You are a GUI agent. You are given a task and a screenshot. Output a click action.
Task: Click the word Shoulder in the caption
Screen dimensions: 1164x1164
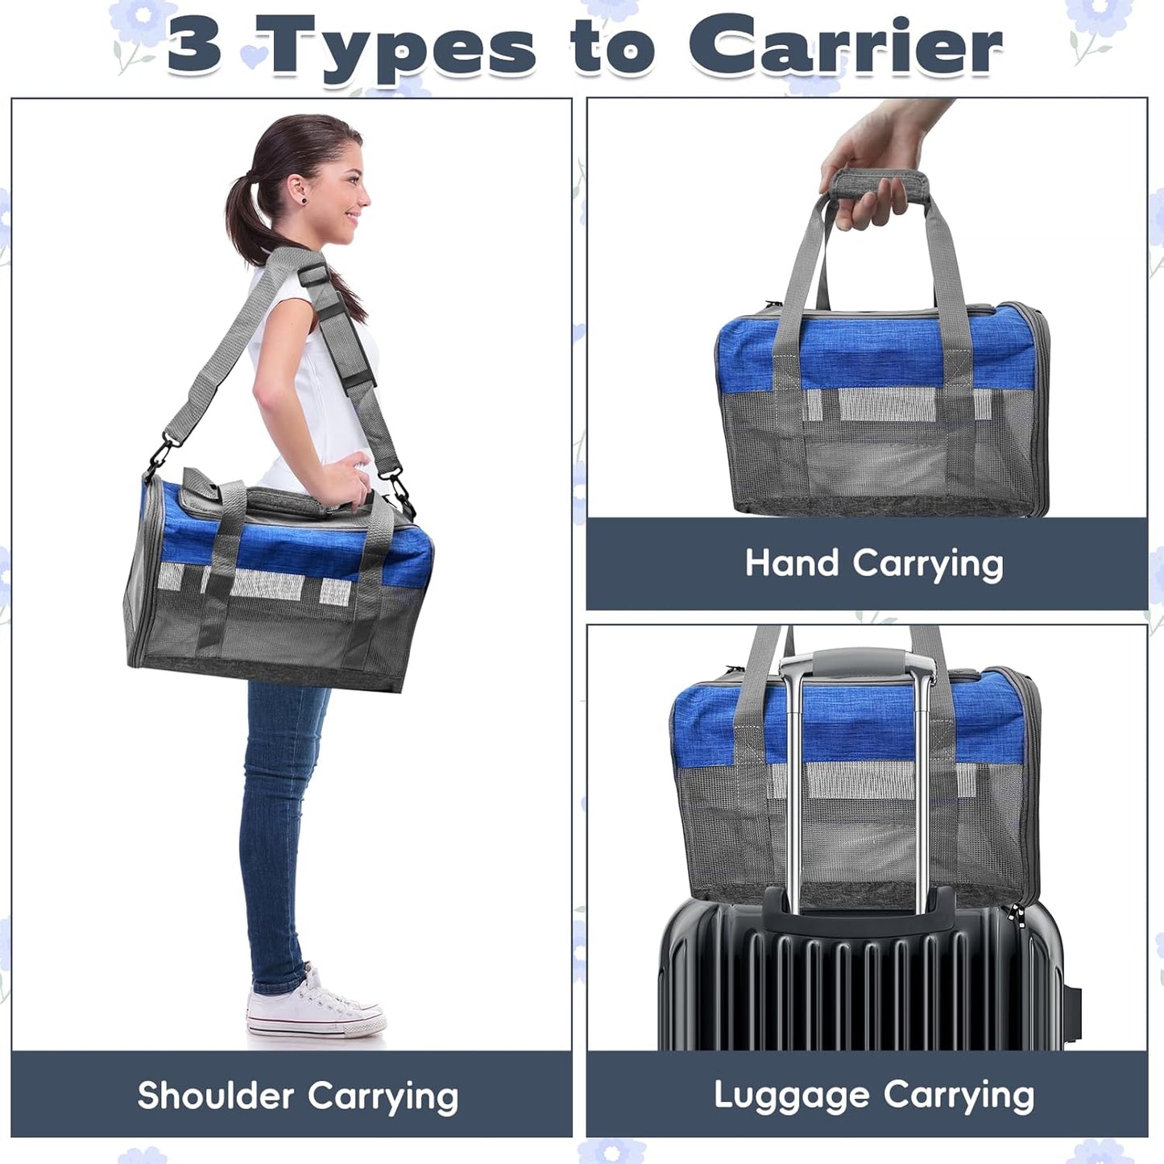click(215, 1096)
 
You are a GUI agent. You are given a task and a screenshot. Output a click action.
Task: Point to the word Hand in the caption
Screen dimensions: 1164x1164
click(792, 562)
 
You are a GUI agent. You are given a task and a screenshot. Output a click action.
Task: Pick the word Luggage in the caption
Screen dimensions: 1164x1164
click(791, 1096)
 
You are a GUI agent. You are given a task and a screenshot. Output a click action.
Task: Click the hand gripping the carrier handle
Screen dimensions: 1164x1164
click(870, 161)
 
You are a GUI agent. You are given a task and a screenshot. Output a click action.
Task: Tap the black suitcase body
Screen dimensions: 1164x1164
click(862, 983)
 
